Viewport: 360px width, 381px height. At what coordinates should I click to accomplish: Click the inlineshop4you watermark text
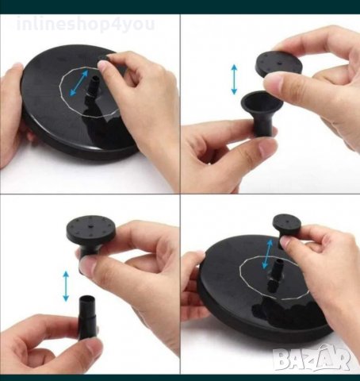86,25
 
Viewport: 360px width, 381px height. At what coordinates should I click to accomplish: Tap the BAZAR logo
312,359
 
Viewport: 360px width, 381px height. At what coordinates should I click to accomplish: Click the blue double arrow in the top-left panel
79,83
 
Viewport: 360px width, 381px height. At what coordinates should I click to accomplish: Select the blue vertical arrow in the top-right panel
234,79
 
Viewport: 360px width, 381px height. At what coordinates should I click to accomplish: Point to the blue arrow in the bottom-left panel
66,287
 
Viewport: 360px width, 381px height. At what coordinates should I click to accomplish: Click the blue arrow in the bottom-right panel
267,254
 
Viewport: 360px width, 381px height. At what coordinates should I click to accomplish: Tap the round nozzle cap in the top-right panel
278,64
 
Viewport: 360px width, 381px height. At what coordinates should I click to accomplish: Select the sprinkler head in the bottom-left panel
90,233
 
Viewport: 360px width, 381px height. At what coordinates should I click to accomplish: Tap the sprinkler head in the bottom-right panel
286,228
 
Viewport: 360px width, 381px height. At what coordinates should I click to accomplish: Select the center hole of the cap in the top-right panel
279,63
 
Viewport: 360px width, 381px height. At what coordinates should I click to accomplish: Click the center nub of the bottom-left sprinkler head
90,226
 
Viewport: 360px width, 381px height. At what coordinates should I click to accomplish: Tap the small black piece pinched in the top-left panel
104,58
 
